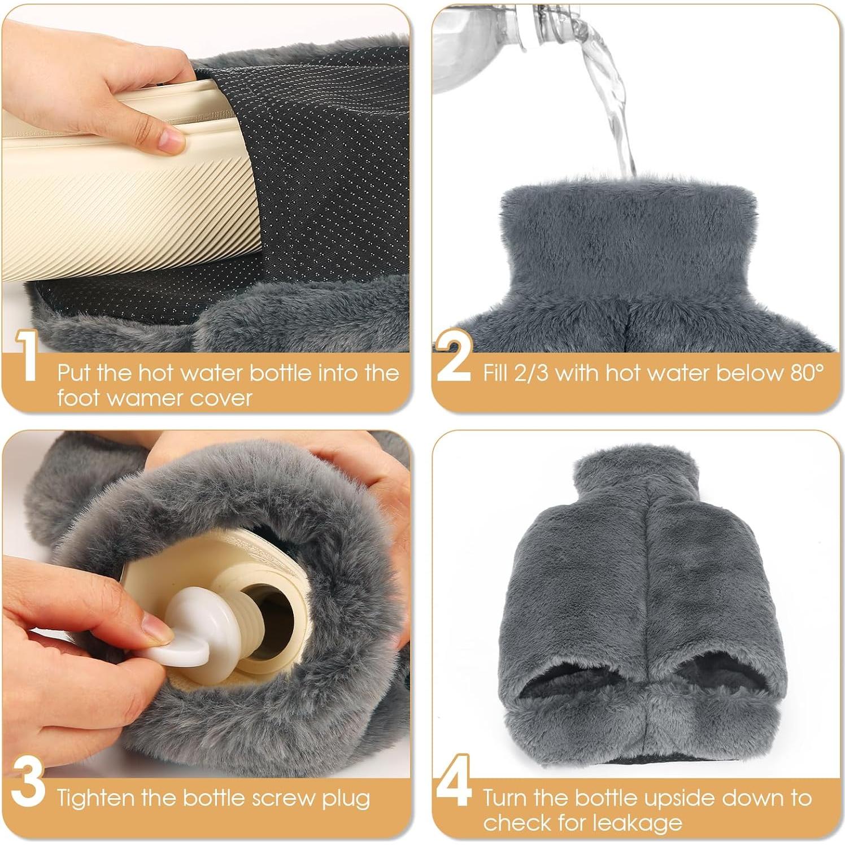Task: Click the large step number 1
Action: (27, 356)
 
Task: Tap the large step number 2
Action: (454, 356)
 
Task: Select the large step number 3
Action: (28, 782)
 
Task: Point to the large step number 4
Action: (454, 781)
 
